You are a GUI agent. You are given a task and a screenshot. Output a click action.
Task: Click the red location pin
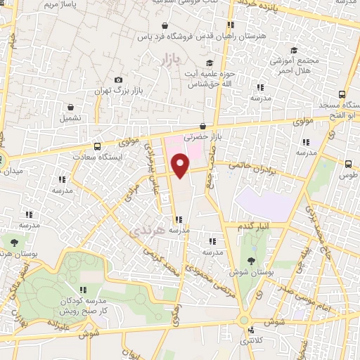[x=181, y=166]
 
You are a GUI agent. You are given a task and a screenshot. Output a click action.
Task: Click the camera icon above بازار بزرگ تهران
[x=118, y=80]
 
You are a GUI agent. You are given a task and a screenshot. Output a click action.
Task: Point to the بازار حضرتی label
[x=203, y=138]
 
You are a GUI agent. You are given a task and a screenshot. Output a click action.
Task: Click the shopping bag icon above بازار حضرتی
[x=203, y=126]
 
